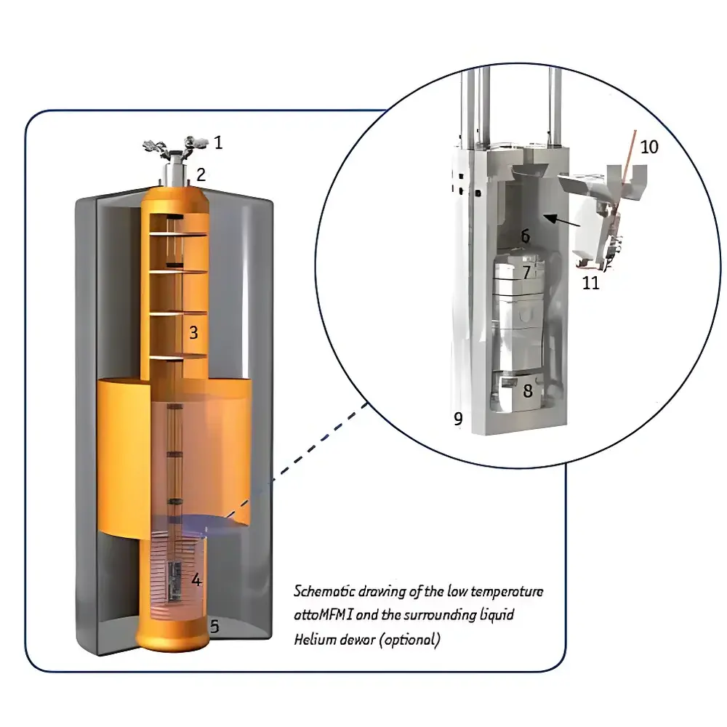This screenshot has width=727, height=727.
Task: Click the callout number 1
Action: [x=218, y=142]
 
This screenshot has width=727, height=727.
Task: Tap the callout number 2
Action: [x=201, y=174]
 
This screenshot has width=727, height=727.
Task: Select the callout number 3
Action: [x=193, y=332]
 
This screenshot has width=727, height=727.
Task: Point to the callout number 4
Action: [x=196, y=579]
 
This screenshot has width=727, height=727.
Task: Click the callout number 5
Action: [x=214, y=624]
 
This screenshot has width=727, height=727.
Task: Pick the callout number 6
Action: [x=525, y=236]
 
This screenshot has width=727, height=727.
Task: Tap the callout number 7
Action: [x=526, y=273]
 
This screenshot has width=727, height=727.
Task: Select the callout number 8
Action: [x=527, y=390]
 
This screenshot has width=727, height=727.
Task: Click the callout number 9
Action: [x=458, y=419]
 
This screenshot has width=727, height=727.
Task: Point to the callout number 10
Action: [x=649, y=147]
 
